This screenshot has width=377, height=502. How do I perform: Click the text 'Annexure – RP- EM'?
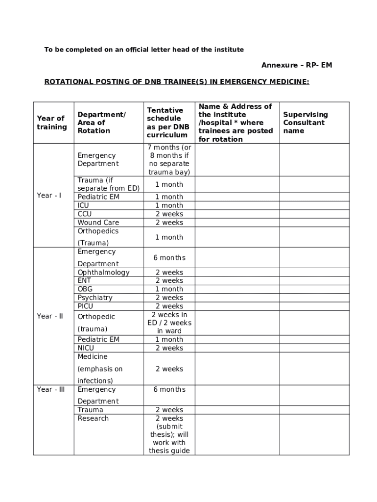[x=297, y=65]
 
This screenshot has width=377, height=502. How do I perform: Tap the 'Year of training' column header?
[x=51, y=123]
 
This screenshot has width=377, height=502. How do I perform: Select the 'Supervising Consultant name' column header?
[x=305, y=123]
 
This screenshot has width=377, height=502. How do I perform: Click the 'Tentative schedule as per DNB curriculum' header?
[x=167, y=123]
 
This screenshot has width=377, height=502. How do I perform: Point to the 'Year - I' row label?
[x=49, y=196]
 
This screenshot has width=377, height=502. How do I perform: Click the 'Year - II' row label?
[x=50, y=316]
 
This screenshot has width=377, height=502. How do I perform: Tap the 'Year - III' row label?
[x=50, y=389]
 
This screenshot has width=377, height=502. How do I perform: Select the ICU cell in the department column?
[x=83, y=205]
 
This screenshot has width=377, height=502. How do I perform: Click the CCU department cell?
[x=84, y=214]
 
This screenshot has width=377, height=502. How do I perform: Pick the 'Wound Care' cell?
[x=98, y=223]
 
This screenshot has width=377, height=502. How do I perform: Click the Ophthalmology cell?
[x=103, y=273]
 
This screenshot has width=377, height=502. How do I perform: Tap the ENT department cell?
[x=84, y=280]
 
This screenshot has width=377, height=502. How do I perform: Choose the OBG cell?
[x=85, y=289]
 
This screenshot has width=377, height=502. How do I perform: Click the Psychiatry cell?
[x=94, y=298]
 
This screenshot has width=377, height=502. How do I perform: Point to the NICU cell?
[x=86, y=348]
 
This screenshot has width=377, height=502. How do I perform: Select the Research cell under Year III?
[x=93, y=418]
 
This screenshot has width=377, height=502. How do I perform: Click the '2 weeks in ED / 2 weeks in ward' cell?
[x=169, y=323]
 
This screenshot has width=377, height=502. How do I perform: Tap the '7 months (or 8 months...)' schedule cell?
[x=169, y=160]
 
